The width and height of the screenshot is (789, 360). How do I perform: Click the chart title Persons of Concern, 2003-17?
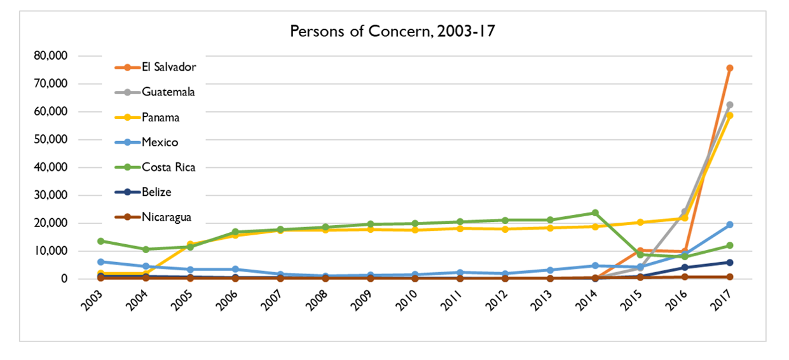392,31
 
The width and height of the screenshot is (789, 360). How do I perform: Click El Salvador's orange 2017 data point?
730,68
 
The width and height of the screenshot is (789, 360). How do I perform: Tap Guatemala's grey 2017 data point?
730,105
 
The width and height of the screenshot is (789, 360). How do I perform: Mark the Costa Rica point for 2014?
595,212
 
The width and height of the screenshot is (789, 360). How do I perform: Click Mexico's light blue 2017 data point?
730,225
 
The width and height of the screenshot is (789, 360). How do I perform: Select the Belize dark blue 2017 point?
730,262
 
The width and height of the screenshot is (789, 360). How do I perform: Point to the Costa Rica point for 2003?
101,241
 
